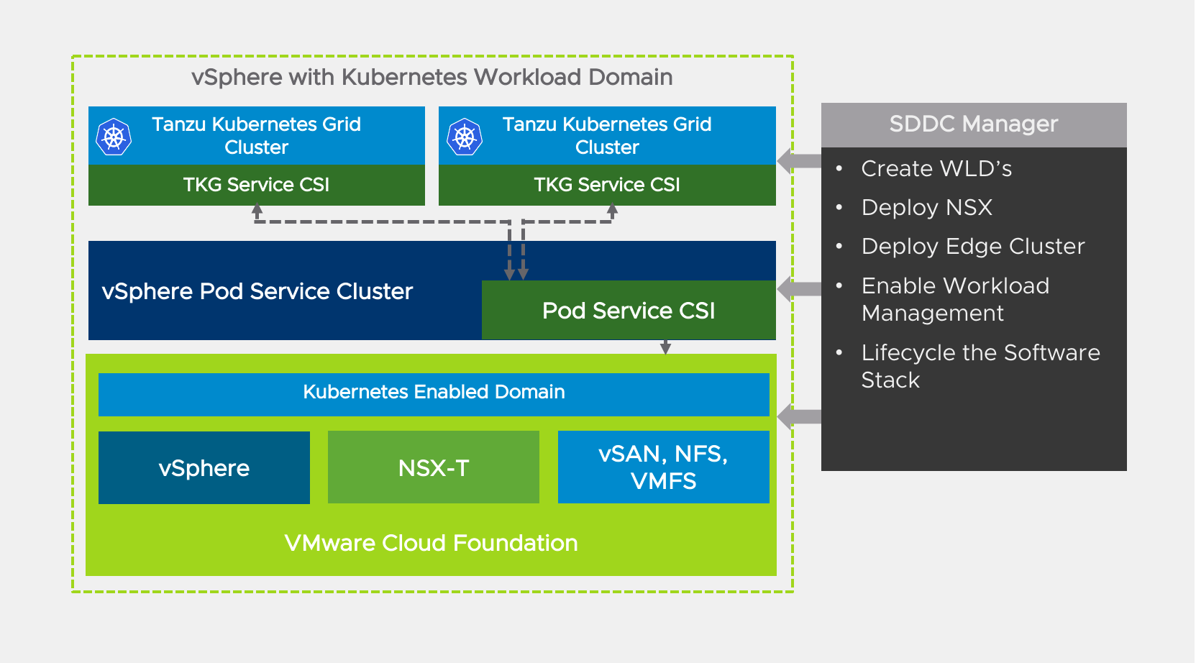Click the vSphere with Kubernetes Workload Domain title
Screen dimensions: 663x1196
tap(432, 77)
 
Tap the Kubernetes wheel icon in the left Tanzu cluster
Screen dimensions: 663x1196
tap(114, 137)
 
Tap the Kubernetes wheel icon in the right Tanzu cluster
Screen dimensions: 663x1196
tap(465, 137)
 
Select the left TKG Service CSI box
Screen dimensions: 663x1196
tap(256, 185)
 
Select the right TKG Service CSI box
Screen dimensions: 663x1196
tap(607, 185)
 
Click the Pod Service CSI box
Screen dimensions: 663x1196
tap(629, 311)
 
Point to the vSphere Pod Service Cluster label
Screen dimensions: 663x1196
tap(257, 291)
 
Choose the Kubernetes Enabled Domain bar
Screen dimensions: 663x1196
tap(434, 393)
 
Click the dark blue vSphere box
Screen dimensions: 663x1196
tap(204, 468)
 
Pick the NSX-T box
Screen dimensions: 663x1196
tap(434, 468)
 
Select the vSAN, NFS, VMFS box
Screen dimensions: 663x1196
tap(663, 467)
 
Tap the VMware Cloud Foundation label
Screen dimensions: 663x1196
tap(431, 543)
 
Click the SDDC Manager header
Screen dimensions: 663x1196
tap(973, 124)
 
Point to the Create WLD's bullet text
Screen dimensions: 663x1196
tap(936, 169)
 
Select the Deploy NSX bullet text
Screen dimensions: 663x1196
tap(927, 208)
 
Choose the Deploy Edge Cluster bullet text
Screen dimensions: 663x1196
tap(973, 247)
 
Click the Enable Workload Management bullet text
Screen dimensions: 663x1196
tap(955, 299)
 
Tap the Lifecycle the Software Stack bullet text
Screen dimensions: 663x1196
tap(980, 366)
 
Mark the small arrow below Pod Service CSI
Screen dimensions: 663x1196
tap(666, 347)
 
